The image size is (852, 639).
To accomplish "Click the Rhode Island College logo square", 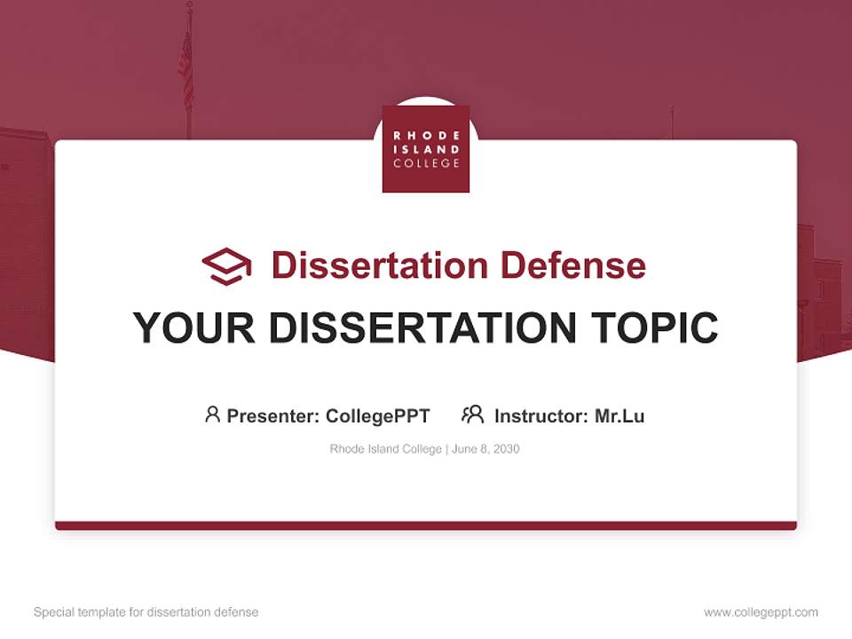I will point(426,148).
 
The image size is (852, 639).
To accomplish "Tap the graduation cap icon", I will point(226,265).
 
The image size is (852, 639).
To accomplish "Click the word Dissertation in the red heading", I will point(380,265).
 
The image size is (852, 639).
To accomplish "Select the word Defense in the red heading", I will point(572,265).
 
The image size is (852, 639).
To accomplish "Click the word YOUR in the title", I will point(193,328).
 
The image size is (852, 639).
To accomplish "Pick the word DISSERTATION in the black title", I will point(422,328).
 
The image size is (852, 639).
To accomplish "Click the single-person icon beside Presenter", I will point(212,414).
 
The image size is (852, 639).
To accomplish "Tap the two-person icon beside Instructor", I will point(472,414).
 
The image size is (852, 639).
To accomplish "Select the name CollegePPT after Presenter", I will point(377,416).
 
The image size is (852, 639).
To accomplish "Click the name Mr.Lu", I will point(619,416).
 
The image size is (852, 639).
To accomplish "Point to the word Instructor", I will point(540,416).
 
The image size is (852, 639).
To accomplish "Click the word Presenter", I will point(272,416).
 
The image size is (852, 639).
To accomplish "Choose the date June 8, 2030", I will point(485,449).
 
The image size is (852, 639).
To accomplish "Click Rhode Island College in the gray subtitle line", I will point(385,449).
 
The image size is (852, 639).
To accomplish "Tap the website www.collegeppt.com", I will point(761,612).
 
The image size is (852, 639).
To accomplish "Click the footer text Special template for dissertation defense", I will point(146,612).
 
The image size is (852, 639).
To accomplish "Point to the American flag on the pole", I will point(185,67).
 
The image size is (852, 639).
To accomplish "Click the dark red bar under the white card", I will point(426,525).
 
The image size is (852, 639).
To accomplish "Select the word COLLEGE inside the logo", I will point(426,164).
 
